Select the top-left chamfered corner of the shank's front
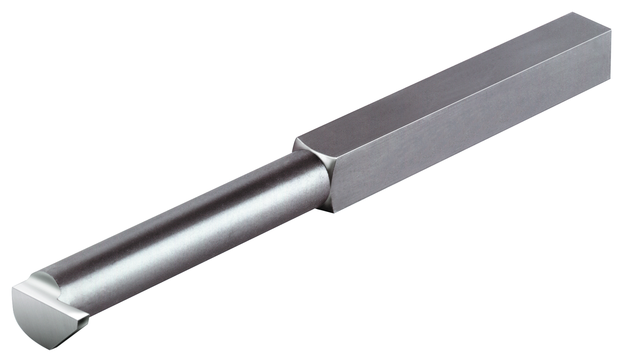(296, 141)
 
